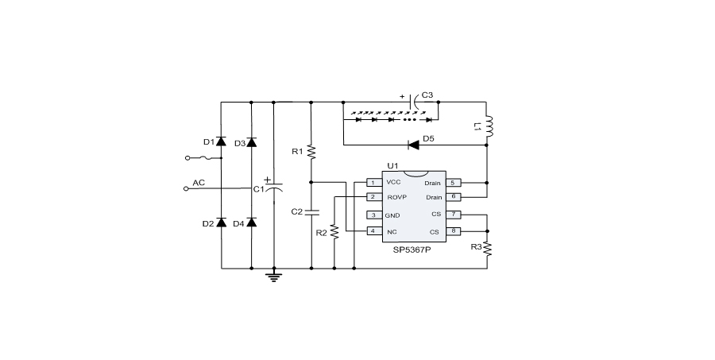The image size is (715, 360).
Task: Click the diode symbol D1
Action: [221, 141]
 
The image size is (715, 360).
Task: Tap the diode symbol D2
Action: [221, 223]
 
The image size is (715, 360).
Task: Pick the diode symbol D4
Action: [251, 223]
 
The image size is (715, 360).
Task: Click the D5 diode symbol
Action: [413, 145]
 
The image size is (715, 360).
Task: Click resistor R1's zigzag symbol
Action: [311, 151]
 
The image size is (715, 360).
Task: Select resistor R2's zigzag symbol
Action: [334, 232]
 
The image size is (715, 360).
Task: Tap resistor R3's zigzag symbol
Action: [488, 249]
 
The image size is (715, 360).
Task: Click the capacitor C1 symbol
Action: [273, 188]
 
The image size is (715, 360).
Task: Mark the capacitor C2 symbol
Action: [311, 211]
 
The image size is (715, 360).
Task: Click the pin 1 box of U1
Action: [372, 183]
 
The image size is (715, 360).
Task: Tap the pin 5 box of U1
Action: [454, 183]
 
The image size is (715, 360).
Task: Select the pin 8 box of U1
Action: [454, 231]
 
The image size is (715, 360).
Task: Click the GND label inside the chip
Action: [392, 215]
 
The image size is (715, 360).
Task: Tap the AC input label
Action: [199, 183]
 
